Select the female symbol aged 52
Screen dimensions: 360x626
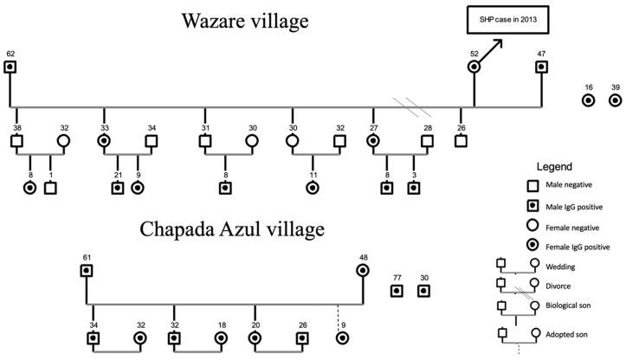point(474,67)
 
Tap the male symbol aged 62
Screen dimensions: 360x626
point(10,67)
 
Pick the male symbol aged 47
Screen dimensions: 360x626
point(542,67)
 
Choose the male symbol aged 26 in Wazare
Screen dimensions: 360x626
point(461,141)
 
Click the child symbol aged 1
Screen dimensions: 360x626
point(50,187)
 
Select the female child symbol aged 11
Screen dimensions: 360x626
point(313,187)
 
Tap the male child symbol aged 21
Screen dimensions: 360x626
point(117,187)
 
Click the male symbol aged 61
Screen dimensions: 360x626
point(87,271)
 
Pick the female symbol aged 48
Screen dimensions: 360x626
point(363,271)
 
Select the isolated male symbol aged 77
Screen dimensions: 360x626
point(397,291)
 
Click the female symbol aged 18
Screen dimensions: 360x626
point(221,337)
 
